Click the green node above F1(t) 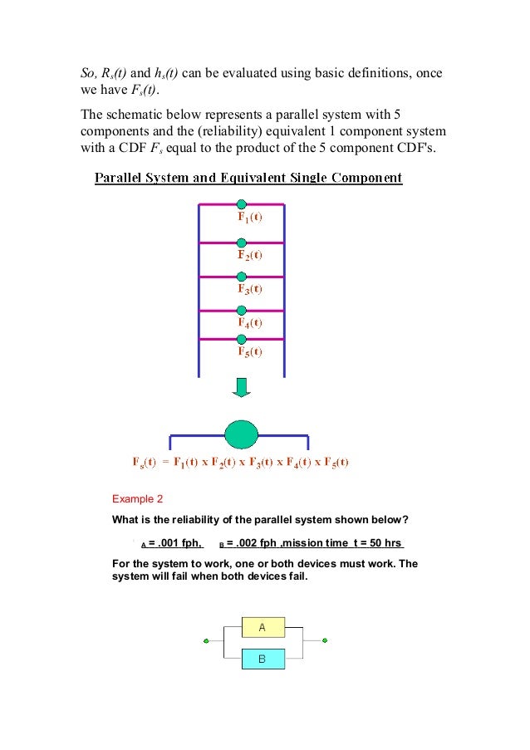(241, 204)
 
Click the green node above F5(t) (241, 339)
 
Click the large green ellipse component (242, 434)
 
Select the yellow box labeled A (263, 628)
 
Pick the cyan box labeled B (263, 659)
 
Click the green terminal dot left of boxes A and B (206, 641)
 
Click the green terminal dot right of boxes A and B (325, 640)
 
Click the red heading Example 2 (138, 499)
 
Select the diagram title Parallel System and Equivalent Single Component (248, 178)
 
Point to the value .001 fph (176, 544)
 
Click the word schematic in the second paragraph (133, 115)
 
